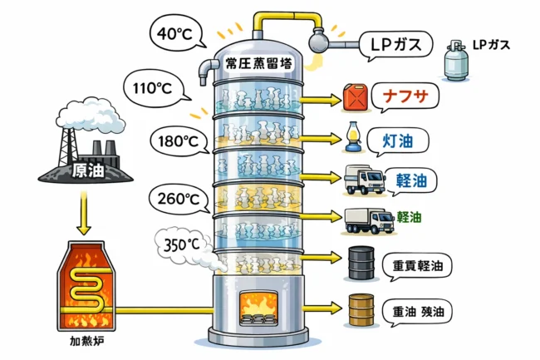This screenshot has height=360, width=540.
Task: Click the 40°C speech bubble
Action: pos(176,33)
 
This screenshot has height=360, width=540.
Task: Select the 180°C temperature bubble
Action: pos(179,141)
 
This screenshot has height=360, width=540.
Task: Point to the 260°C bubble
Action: pos(179,199)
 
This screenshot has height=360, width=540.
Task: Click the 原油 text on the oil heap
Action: pos(88,170)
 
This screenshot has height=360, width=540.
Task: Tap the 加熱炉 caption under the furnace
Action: pos(86,341)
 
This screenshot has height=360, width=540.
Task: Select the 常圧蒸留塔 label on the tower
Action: pos(258,63)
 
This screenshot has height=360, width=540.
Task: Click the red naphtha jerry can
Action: pos(356,96)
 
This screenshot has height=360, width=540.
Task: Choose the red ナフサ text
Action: pos(405,96)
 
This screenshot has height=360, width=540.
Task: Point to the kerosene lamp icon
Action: pos(351,136)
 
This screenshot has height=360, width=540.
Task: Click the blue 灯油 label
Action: pos(398,141)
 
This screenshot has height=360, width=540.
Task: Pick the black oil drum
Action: pos(361,263)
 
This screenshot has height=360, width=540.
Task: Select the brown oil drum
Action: pos(361,310)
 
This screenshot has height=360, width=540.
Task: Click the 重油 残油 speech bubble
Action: pos(417,312)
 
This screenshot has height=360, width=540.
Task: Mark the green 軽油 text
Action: pos(409,217)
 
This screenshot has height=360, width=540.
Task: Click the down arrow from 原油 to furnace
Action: pos(84,213)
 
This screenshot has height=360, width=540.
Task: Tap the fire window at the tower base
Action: pos(259,308)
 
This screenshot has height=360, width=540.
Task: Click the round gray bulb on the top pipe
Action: pos(317,41)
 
